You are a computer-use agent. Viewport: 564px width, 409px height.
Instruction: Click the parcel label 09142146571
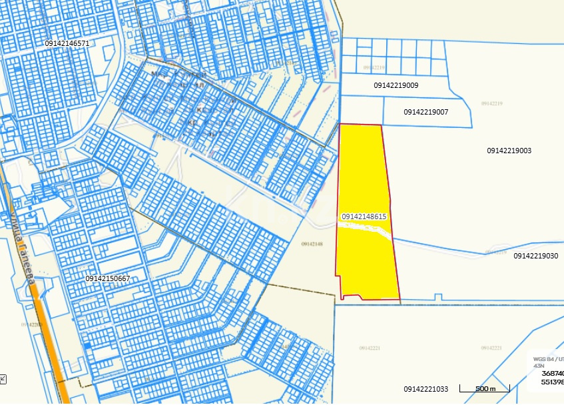pos(67,43)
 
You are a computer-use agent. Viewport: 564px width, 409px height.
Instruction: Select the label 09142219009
pos(396,85)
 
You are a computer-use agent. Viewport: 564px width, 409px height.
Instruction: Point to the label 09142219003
pos(509,151)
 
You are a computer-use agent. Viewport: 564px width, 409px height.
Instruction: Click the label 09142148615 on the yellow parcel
pos(364,216)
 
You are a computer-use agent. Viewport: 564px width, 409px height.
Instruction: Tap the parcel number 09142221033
pos(426,388)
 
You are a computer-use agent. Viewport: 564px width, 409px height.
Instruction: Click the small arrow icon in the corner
pos(3,379)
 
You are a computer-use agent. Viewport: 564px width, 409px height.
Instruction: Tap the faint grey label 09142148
pos(312,244)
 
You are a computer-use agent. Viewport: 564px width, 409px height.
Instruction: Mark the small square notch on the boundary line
pos(437,297)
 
